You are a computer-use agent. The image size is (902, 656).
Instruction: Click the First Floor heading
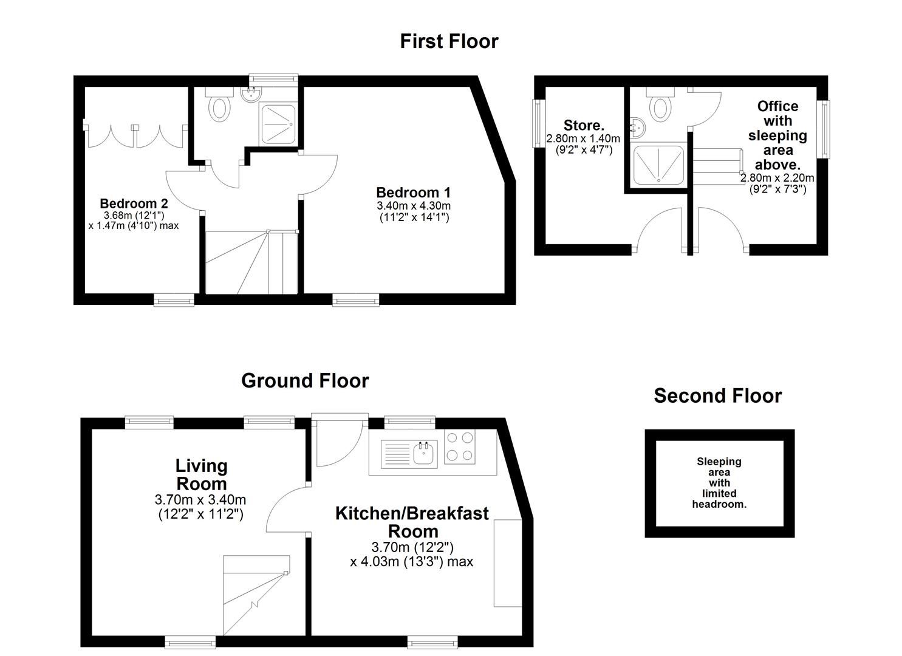449,41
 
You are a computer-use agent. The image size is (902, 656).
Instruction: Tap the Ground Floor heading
305,381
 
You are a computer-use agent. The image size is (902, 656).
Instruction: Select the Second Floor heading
717,396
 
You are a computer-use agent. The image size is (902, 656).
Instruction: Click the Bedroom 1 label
413,193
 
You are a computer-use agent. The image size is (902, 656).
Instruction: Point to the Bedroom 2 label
134,203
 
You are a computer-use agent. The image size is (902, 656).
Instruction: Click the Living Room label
201,475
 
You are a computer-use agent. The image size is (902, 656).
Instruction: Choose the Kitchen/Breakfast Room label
412,522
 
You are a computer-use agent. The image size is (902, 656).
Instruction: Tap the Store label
584,126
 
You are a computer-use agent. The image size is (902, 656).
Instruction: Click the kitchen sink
423,453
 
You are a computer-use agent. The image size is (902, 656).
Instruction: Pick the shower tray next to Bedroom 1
278,125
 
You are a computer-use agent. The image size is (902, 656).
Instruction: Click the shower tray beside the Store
658,164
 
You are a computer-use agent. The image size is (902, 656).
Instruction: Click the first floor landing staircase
251,262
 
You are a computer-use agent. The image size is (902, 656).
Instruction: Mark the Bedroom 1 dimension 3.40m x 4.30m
414,206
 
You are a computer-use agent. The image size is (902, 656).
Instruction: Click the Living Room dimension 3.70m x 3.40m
200,501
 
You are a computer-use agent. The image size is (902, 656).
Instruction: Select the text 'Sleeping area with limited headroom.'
719,483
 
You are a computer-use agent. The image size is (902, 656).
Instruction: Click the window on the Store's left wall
537,123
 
